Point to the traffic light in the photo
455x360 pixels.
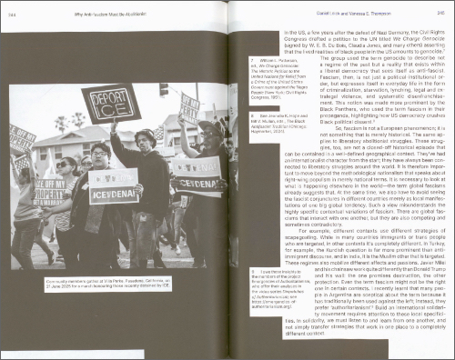164,90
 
